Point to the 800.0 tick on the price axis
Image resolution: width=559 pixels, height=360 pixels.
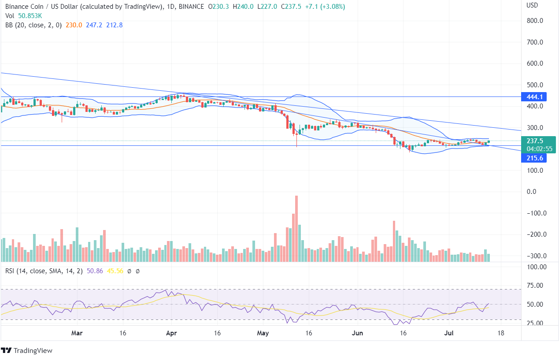[535, 21]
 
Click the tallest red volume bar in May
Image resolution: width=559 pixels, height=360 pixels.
[296, 229]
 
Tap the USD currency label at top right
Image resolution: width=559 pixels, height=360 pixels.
[533, 5]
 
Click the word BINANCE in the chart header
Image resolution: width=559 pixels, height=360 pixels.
[191, 7]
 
